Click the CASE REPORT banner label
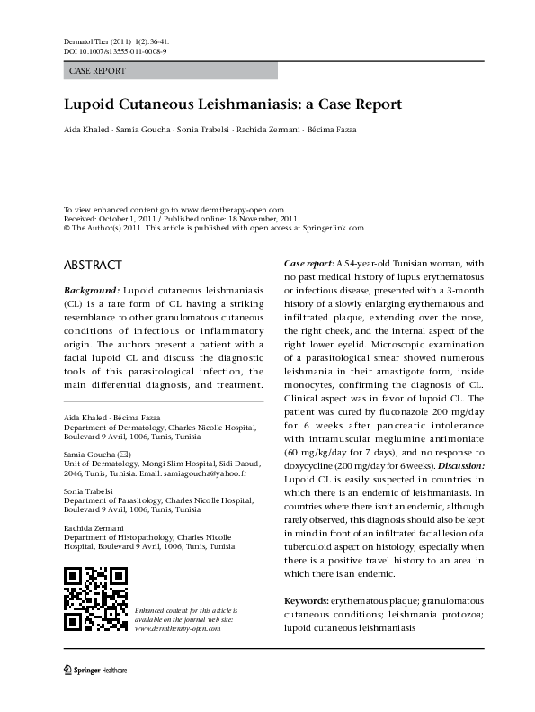point(97,70)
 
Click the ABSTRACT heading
point(93,266)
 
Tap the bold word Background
point(91,293)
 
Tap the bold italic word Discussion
point(457,467)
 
